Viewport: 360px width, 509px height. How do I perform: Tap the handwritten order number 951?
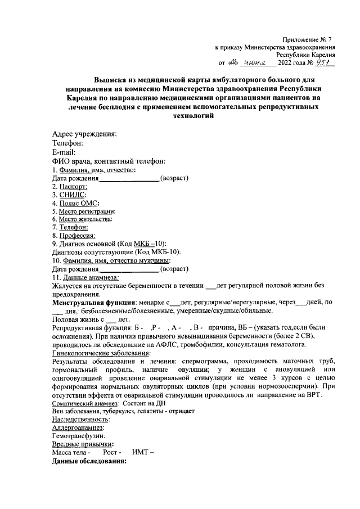tap(325, 64)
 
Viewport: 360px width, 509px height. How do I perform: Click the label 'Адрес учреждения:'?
tap(84, 134)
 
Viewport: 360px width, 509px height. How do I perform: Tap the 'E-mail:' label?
tap(64, 152)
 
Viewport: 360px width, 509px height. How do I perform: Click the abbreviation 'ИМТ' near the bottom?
tap(140, 452)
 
